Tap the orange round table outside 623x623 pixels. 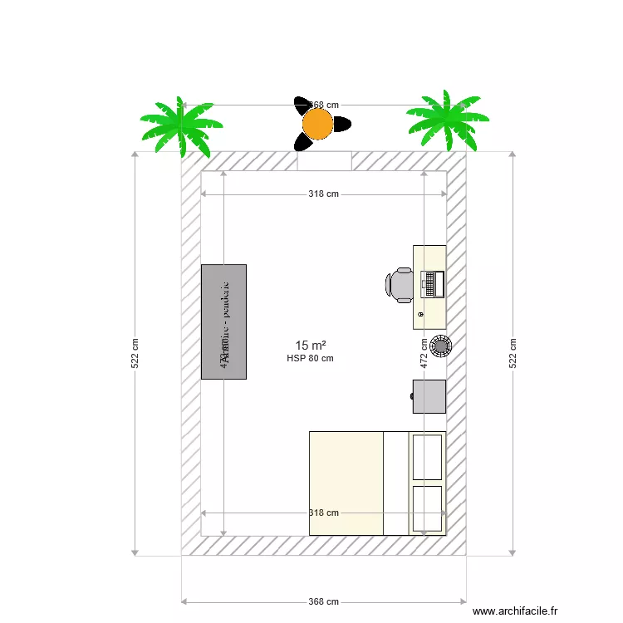pos(317,124)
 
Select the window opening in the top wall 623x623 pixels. pos(324,160)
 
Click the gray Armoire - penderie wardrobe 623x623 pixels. pos(223,321)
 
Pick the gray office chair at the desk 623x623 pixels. pos(400,284)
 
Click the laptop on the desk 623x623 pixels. pos(429,284)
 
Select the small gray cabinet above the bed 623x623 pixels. pos(429,396)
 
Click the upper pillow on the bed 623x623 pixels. pos(427,456)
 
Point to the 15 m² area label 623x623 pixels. pos(310,345)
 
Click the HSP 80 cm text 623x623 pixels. pos(310,359)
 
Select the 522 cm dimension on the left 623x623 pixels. pos(135,353)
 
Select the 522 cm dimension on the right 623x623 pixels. pos(513,353)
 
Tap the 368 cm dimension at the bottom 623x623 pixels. pos(323,601)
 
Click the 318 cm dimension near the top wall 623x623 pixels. pos(323,194)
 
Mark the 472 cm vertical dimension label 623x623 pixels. pos(424,353)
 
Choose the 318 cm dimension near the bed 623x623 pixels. pos(323,513)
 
